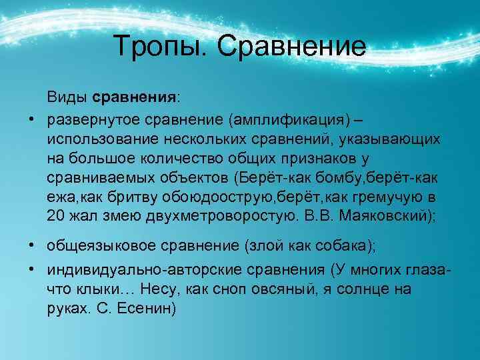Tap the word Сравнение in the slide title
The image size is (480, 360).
[291, 47]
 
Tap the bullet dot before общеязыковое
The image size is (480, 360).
[31, 245]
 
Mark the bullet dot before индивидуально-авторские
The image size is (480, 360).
[31, 270]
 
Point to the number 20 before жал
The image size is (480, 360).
[55, 216]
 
